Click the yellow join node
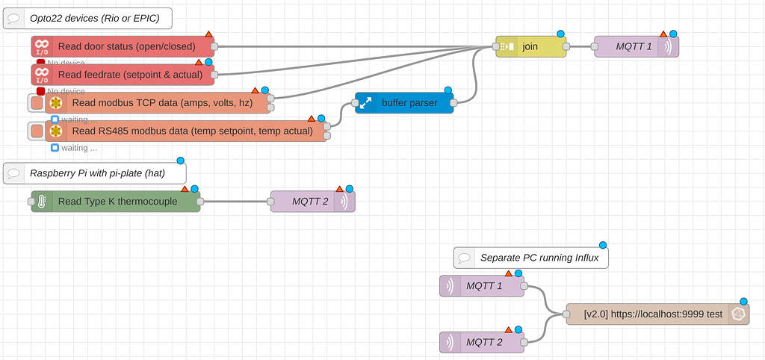[530, 46]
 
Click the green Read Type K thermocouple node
[116, 201]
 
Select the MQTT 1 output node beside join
[636, 46]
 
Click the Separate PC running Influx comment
[531, 258]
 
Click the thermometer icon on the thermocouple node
[42, 201]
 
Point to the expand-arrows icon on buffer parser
[365, 103]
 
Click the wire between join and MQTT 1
[581, 46]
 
